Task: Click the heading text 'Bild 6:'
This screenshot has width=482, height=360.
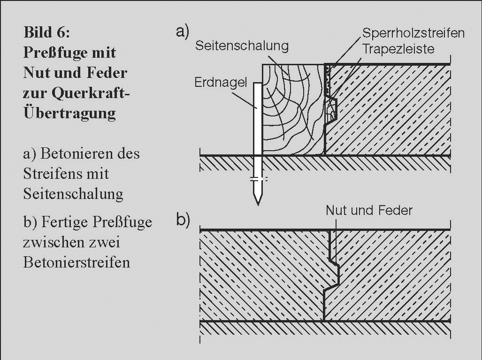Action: pyautogui.click(x=46, y=33)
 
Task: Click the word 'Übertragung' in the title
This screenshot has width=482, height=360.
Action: pyautogui.click(x=69, y=113)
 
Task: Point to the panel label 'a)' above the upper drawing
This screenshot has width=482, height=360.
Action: pyautogui.click(x=183, y=31)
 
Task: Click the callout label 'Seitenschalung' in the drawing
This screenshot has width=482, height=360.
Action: pyautogui.click(x=242, y=46)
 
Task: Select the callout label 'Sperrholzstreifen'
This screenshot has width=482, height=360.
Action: pyautogui.click(x=413, y=33)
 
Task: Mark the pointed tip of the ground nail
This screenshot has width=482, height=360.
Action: pyautogui.click(x=257, y=201)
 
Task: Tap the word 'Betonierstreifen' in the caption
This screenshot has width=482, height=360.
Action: pyautogui.click(x=77, y=262)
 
